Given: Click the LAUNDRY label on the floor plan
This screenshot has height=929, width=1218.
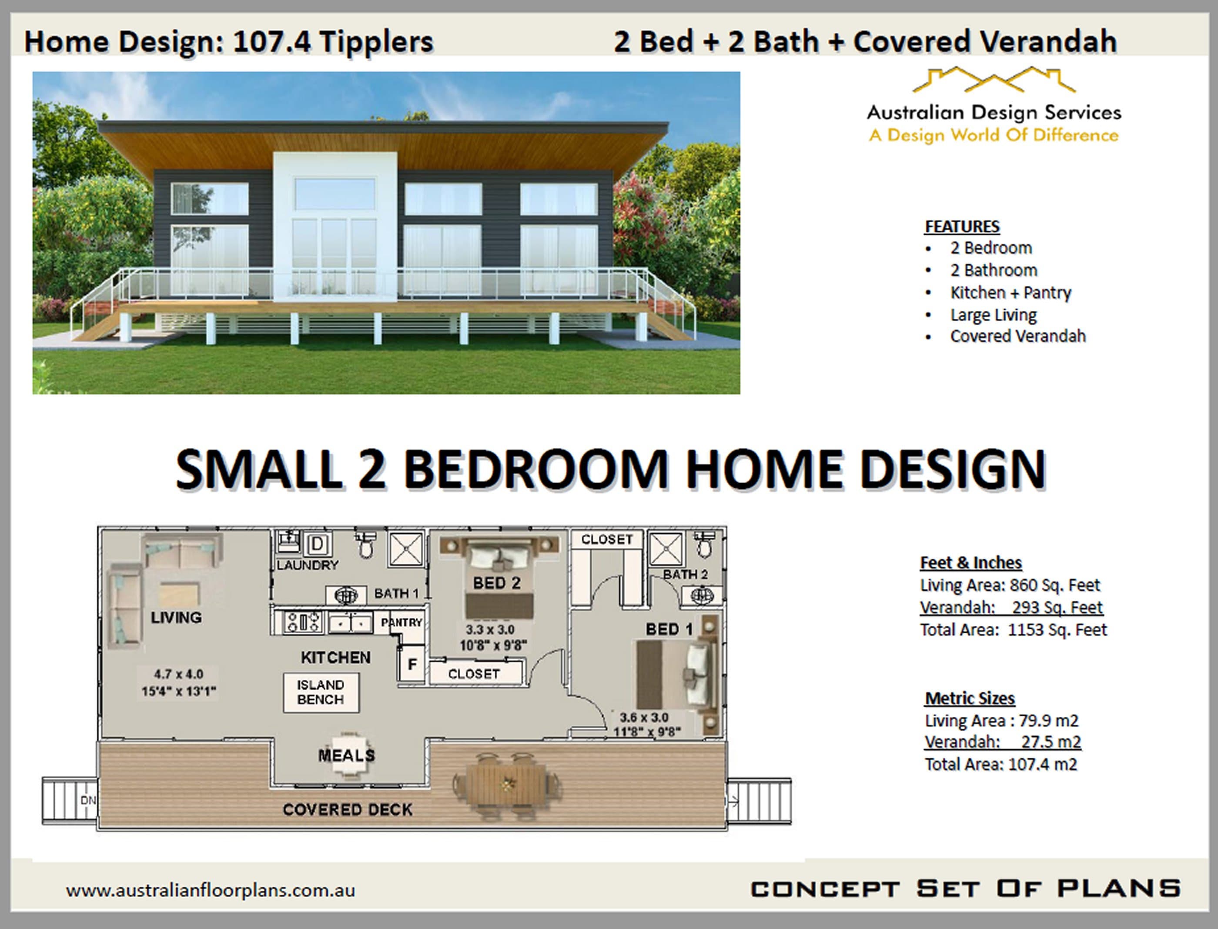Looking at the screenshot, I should (307, 565).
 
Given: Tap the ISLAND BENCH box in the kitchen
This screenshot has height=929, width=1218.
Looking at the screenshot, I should (321, 692).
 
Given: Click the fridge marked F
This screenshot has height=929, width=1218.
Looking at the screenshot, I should (412, 664).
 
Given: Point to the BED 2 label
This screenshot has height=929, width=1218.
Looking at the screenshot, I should (496, 583).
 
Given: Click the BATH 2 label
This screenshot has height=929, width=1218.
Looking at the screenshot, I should (685, 575).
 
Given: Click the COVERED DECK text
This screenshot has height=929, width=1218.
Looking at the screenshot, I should (348, 809).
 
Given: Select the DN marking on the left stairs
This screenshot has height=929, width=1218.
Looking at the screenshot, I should (88, 800).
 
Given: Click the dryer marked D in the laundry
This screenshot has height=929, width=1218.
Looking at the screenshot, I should (318, 544).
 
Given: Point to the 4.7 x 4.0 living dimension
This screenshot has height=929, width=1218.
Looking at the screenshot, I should (178, 674).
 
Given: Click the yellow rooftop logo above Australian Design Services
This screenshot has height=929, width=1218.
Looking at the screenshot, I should (994, 80).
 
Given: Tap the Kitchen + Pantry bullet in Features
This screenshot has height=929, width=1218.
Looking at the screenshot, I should (1010, 293).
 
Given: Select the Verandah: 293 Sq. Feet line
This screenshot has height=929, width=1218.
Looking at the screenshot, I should (1011, 608).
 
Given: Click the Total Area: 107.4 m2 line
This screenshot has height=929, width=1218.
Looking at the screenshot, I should (1000, 765).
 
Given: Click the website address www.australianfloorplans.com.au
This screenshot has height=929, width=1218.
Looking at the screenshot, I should (210, 890).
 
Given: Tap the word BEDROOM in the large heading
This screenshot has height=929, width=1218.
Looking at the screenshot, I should (535, 470).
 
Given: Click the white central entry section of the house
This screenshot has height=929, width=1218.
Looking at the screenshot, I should (335, 221).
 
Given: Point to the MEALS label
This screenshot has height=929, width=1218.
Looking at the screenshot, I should (346, 755).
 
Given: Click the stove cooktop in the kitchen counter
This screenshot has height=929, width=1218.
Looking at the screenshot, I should (303, 622).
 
